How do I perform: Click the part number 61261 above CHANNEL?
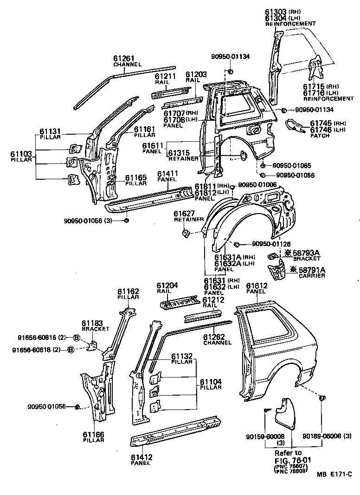pos(124,59)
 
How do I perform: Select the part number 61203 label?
pos(196,74)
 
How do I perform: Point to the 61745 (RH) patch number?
pos(320,123)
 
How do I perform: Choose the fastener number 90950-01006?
pos(257,185)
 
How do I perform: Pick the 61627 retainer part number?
pos(184,214)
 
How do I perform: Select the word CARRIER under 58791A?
pos(312,276)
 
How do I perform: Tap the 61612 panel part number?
pos(257,286)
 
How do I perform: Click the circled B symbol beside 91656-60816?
pos(77,338)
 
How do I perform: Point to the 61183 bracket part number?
pos(92,323)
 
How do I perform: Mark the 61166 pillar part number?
pos(94,434)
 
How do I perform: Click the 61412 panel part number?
pos(141,457)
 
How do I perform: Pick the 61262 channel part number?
pos(214,337)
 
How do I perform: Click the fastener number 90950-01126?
pos(271,244)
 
